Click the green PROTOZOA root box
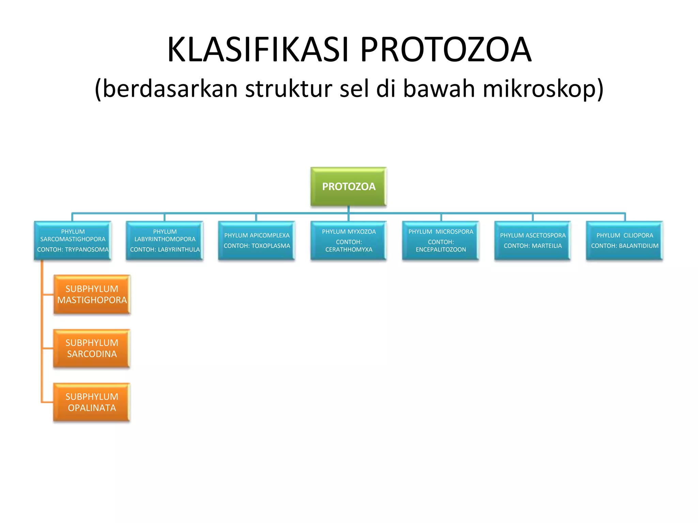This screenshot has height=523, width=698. click(348, 186)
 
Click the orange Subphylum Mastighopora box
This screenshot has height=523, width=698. click(92, 295)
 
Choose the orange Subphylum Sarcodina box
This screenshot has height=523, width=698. click(92, 348)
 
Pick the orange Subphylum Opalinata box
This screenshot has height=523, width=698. click(92, 402)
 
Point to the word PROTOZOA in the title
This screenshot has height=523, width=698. click(446, 50)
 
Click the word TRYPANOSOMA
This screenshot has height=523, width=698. click(87, 250)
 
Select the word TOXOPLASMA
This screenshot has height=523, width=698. click(271, 246)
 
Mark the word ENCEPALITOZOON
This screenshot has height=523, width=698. click(441, 250)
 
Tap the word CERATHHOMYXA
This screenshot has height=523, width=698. click(349, 250)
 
